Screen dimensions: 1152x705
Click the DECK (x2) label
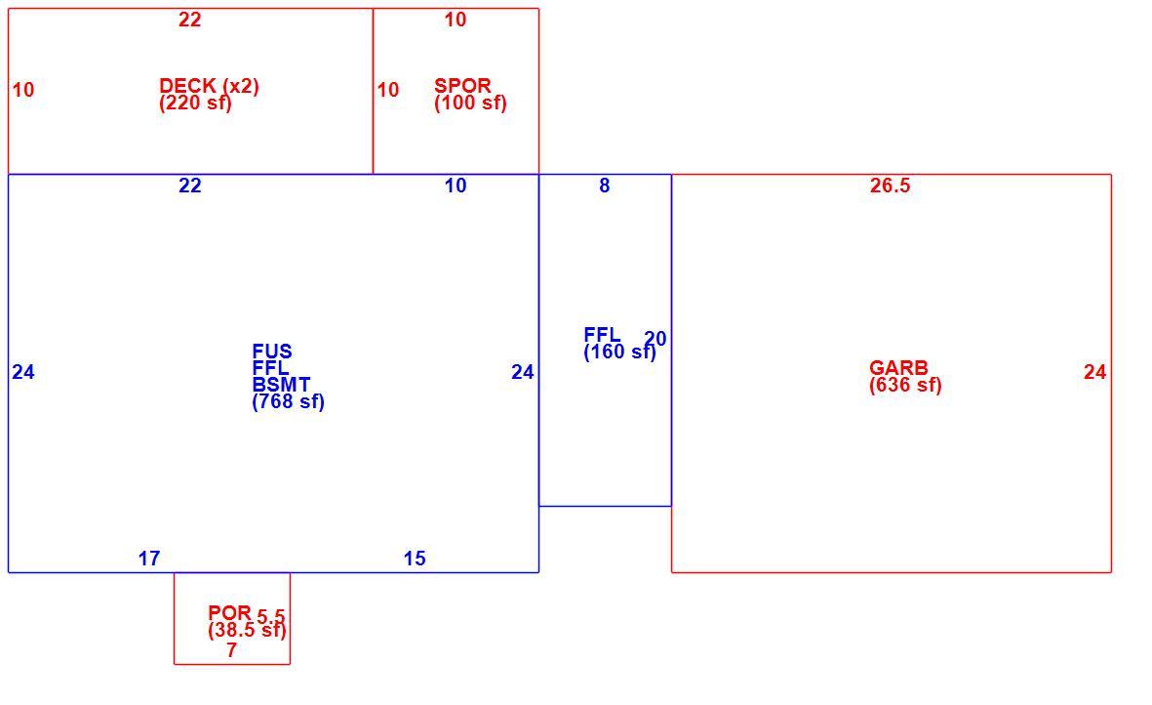[210, 86]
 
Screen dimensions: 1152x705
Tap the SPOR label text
[463, 85]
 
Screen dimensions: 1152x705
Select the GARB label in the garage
[898, 367]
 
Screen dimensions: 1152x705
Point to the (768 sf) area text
[288, 401]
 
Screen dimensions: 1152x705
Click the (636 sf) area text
[905, 385]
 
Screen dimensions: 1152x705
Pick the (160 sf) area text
[619, 352]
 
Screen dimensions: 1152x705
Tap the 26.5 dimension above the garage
[890, 186]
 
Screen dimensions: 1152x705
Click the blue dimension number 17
[149, 559]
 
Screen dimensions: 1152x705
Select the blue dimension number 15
[415, 559]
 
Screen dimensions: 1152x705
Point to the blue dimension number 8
[604, 186]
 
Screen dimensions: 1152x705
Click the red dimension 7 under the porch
[231, 650]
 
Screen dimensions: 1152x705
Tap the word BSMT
[281, 385]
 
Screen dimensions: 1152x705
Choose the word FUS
[272, 351]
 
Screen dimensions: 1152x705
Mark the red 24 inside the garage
[1094, 372]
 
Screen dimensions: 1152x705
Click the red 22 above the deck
[189, 20]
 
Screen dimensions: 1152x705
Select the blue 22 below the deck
[189, 186]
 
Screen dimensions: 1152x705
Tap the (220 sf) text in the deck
[195, 103]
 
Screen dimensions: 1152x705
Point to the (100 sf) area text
[470, 103]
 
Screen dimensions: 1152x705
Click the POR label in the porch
[230, 612]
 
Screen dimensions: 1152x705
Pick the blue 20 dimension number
[655, 339]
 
